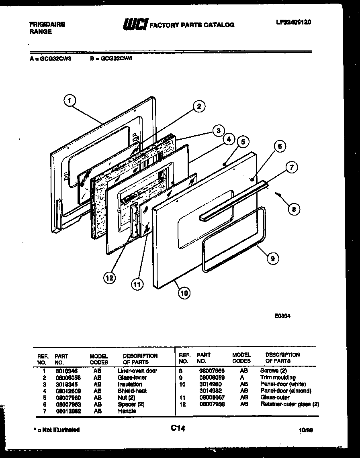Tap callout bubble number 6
[280, 147]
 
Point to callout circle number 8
[294, 208]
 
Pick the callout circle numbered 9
[273, 259]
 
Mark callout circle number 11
[137, 284]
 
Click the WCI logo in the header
[135, 24]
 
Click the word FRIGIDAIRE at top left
[47, 24]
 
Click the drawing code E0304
[282, 316]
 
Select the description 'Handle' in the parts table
[127, 411]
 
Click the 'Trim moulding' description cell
[278, 377]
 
